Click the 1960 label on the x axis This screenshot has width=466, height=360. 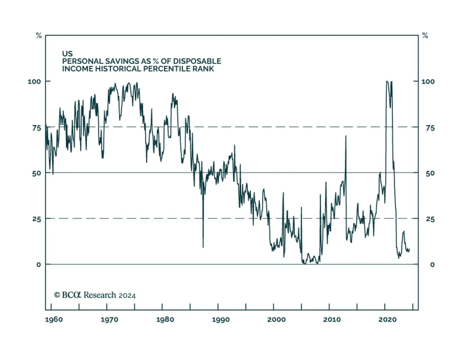coord(54,320)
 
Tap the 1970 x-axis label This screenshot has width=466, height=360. coord(110,320)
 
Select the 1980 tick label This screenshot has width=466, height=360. coord(165,320)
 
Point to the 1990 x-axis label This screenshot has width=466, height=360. coord(221,320)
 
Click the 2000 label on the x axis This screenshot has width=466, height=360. coord(276,320)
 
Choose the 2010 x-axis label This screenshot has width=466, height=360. coord(332,320)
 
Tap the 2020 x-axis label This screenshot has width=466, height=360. coord(387,320)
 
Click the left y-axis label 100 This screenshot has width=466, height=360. coord(34,81)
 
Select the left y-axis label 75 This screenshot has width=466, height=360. coord(36,128)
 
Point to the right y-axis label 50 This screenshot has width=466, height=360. coord(430,173)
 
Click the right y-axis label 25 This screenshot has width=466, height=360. coord(430,219)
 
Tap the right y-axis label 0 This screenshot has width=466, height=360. coord(432,265)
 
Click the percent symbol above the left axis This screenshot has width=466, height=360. coord(39,36)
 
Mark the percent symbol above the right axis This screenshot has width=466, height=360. coord(425,36)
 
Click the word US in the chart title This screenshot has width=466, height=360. coord(67,54)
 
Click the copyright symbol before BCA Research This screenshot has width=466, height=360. coord(57,295)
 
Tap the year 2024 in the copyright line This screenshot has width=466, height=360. coord(127,296)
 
